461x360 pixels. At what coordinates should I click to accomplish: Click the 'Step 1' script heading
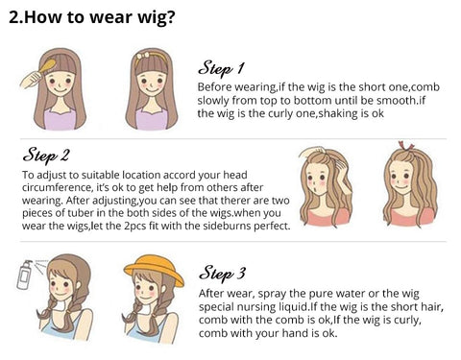coord(221,68)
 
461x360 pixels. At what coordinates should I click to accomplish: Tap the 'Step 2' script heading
coord(46,156)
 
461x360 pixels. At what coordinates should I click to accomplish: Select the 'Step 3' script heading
coord(223,274)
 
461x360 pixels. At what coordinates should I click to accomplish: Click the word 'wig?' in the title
coord(157,17)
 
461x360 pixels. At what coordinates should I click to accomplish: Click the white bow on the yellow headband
coord(142,56)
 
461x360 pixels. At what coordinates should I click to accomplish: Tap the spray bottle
coord(25,275)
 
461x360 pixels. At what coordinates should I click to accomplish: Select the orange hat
coord(154,270)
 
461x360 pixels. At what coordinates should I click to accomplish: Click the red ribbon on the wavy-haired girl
coord(406,146)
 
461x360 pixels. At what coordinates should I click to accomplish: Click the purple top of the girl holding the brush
coord(60,119)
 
